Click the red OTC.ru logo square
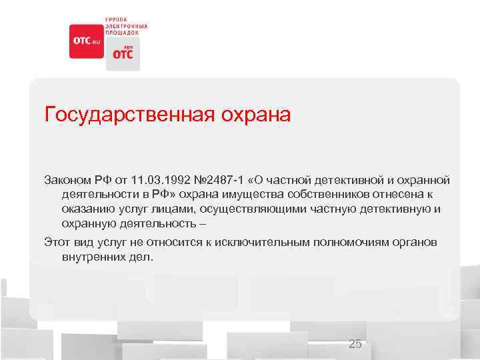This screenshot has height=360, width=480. pos(85,41)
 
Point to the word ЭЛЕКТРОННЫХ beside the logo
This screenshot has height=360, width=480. pos(126,25)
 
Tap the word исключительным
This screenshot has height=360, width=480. pos(250,242)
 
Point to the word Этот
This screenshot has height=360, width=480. pos(57,242)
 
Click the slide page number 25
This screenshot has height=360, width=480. pos(355,344)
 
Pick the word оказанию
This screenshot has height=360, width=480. pos(88,209)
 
